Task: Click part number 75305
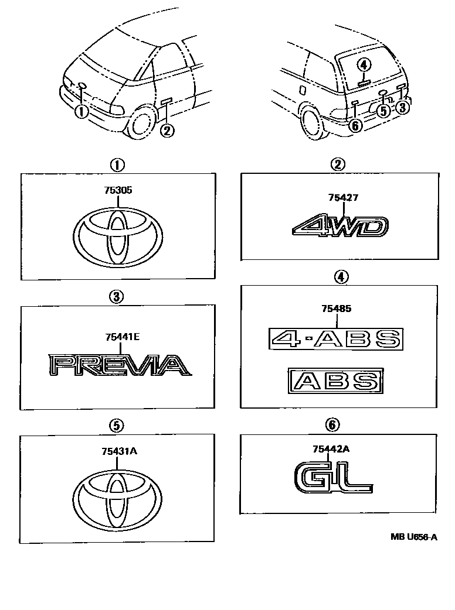pyautogui.click(x=118, y=190)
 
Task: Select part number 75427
pyautogui.click(x=343, y=198)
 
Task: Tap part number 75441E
pyautogui.click(x=123, y=337)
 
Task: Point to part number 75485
pyautogui.click(x=337, y=309)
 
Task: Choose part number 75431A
pyautogui.click(x=119, y=451)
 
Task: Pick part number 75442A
pyautogui.click(x=331, y=449)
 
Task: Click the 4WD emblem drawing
pyautogui.click(x=341, y=225)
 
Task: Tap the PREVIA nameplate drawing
pyautogui.click(x=120, y=365)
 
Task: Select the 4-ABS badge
pyautogui.click(x=336, y=338)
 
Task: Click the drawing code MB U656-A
pyautogui.click(x=414, y=537)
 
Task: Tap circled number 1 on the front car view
pyautogui.click(x=81, y=112)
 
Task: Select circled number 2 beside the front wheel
pyautogui.click(x=167, y=130)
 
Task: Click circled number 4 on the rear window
pyautogui.click(x=364, y=65)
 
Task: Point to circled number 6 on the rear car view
pyautogui.click(x=355, y=125)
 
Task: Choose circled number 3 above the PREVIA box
pyautogui.click(x=116, y=297)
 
